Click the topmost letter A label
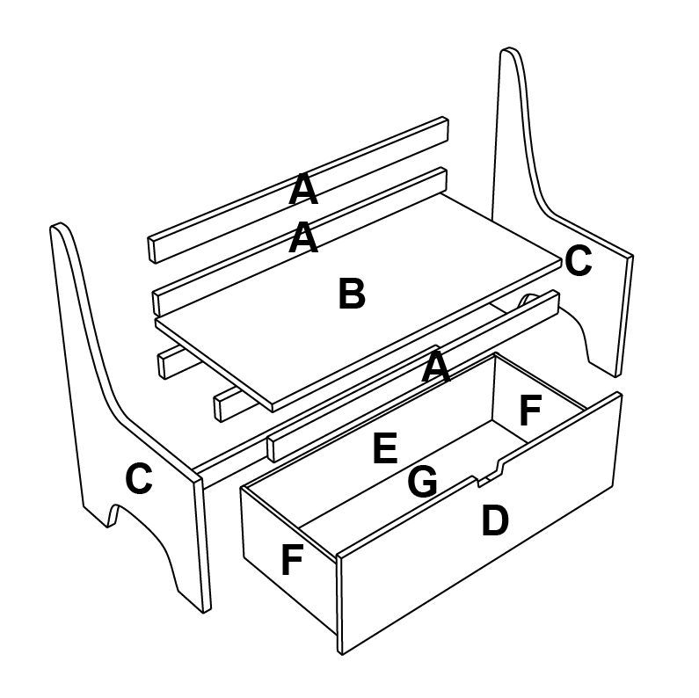pos(302,189)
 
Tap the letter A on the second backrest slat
pos(303,237)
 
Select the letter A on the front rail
pos(436,367)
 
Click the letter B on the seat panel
pos(351,294)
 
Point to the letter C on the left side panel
pos(139,479)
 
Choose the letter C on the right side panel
pos(578,261)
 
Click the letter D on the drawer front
pos(495,521)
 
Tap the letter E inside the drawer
pos(384,449)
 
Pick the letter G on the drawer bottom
pos(423,482)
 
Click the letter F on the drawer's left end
pos(293,560)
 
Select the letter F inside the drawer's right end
pos(530,410)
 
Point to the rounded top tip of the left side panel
pos(59,228)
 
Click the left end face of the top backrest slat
pos(153,249)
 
